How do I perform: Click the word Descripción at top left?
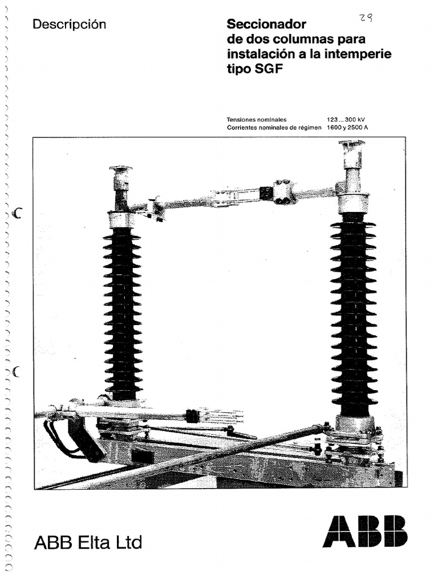click(70, 24)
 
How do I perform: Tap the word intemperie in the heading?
click(361, 55)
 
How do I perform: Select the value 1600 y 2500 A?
click(347, 128)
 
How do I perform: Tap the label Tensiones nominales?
click(257, 120)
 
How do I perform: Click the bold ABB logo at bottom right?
click(364, 532)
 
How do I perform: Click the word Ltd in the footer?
click(129, 543)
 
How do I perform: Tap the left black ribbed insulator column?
click(122, 314)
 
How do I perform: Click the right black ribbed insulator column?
click(354, 314)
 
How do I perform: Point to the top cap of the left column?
click(120, 170)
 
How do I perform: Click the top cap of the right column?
click(351, 144)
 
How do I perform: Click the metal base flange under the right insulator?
click(354, 424)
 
